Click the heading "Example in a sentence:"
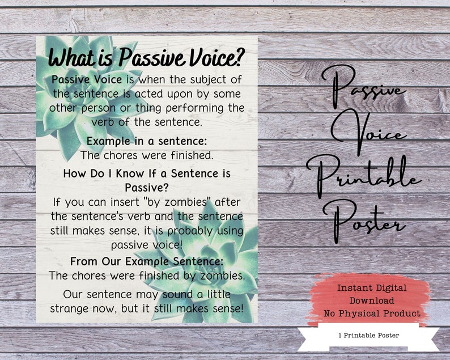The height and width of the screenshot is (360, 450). (x=147, y=141)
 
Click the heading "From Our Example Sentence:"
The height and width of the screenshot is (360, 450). (x=147, y=261)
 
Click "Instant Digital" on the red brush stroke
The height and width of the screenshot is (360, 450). (x=371, y=288)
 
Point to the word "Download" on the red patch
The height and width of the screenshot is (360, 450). (x=371, y=300)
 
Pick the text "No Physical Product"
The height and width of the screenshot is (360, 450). (x=372, y=314)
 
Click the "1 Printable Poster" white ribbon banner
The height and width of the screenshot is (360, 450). (x=368, y=336)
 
